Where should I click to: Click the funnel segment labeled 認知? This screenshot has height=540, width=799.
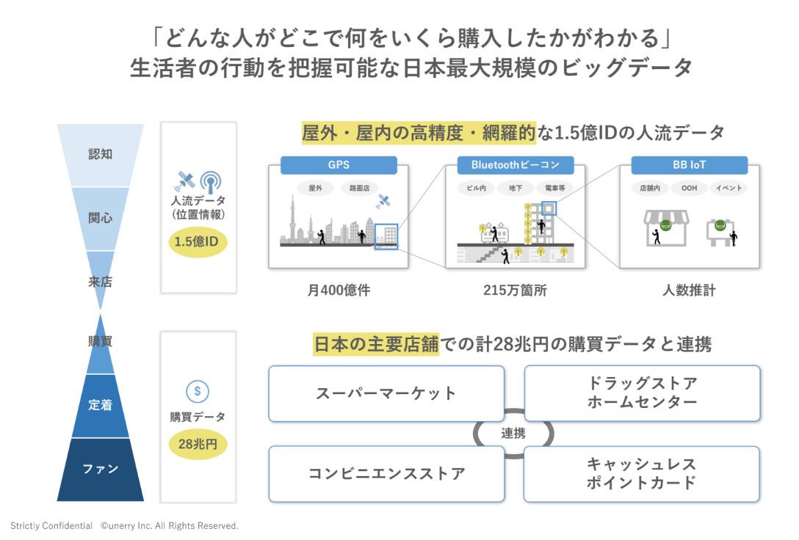tap(100, 155)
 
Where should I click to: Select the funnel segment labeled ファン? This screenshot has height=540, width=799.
tap(101, 469)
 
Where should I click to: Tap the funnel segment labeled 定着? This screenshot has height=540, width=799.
tap(101, 405)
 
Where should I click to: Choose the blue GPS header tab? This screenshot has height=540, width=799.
tap(339, 165)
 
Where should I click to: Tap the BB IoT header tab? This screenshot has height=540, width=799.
tap(689, 165)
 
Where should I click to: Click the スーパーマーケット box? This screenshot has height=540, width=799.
tap(386, 393)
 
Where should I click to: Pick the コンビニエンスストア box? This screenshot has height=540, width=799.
tap(386, 473)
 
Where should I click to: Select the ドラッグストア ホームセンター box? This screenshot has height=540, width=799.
tap(642, 393)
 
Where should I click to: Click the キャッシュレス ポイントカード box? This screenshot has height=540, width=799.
tap(642, 473)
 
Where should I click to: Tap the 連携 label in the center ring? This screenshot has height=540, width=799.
tap(513, 434)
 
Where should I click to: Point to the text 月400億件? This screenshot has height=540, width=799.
tap(339, 290)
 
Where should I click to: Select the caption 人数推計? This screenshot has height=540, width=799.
tap(689, 290)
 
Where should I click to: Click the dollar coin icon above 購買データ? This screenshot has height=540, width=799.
tap(197, 391)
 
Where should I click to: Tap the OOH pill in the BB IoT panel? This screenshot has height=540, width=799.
tap(689, 188)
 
